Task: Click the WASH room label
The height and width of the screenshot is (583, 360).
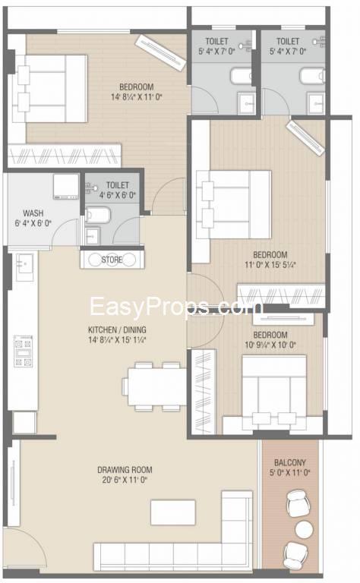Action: click(33, 213)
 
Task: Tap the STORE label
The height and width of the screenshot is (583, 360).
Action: click(112, 260)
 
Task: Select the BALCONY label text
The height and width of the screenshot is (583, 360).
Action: click(290, 463)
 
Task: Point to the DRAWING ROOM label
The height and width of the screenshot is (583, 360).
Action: click(125, 470)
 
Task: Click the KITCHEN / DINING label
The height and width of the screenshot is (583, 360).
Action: click(117, 329)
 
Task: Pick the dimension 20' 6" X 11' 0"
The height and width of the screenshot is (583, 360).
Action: click(125, 480)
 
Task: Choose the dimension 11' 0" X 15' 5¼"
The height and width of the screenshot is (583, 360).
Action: click(270, 266)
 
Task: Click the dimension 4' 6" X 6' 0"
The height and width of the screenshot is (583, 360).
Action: click(118, 195)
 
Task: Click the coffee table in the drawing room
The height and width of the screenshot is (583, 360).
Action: click(173, 512)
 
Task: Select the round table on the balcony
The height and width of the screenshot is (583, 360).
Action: click(304, 528)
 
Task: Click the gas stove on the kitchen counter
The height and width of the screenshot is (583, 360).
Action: click(23, 351)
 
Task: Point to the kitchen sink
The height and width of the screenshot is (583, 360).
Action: click(25, 263)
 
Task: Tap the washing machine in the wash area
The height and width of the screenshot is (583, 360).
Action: click(66, 187)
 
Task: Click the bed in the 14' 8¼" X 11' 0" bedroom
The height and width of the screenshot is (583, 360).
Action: click(50, 89)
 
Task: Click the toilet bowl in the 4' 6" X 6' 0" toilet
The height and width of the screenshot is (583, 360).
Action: click(98, 215)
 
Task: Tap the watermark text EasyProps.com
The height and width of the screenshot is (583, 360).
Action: click(177, 307)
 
